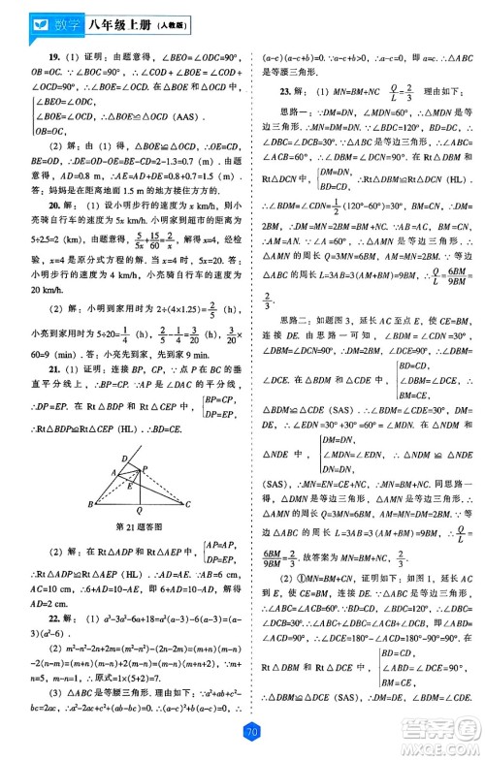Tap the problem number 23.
pos(283,92)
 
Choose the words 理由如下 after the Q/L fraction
pos(405,92)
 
